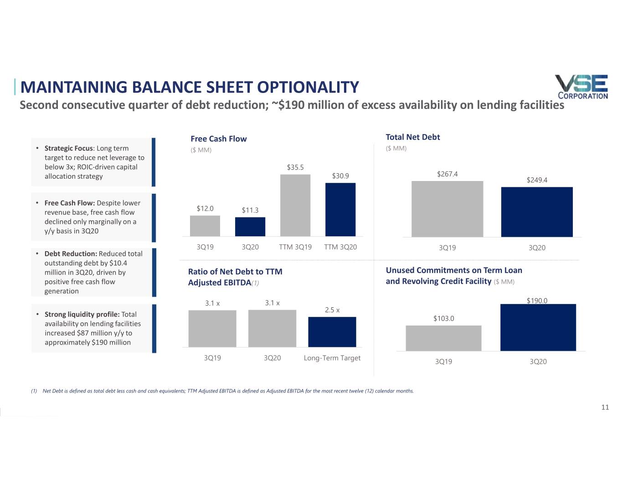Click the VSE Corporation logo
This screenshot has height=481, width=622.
[x=581, y=87]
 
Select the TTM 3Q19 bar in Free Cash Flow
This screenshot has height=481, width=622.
[x=295, y=205]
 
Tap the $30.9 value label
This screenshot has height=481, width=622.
[x=340, y=176]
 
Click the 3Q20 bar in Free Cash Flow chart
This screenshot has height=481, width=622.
[x=250, y=227]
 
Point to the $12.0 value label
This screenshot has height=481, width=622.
[x=205, y=209]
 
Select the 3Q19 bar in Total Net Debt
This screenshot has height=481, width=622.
[x=447, y=209]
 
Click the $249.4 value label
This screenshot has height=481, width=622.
[x=537, y=180]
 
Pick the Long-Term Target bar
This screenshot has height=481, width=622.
[x=332, y=332]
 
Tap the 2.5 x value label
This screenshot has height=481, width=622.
[x=332, y=310]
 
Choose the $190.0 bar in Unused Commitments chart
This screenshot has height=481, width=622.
[x=538, y=327]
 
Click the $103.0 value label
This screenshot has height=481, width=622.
[x=443, y=319]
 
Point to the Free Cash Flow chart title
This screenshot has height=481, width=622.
[x=218, y=139]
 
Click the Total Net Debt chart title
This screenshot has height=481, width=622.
[x=413, y=137]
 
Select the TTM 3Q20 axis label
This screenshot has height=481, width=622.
[x=340, y=247]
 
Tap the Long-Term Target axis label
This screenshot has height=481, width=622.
[x=332, y=358]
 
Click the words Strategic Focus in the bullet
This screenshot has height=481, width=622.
[x=68, y=148]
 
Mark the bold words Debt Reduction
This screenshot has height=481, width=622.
[x=70, y=254]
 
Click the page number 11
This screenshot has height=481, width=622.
[x=605, y=408]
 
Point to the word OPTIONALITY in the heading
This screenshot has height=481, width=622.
[x=308, y=87]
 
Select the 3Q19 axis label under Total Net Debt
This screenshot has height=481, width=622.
[x=447, y=248]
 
